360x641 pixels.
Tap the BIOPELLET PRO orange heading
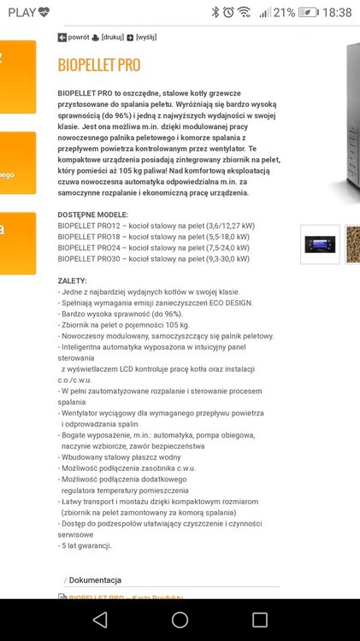[98, 66]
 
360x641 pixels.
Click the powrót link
[78, 38]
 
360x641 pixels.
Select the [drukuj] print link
[112, 38]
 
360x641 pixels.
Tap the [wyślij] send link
[146, 38]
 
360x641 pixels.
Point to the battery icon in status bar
[311, 12]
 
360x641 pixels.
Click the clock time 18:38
[338, 12]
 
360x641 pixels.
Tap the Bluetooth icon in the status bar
[215, 12]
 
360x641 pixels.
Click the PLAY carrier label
[21, 12]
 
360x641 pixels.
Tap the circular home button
[180, 620]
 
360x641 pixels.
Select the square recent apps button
[260, 620]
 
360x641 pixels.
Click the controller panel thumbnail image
[320, 244]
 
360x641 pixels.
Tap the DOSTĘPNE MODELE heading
[93, 215]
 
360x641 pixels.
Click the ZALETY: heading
[73, 280]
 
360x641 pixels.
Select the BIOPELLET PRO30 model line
[154, 258]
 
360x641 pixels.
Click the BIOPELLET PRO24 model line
[154, 247]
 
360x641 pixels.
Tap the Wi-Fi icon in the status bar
[245, 12]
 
